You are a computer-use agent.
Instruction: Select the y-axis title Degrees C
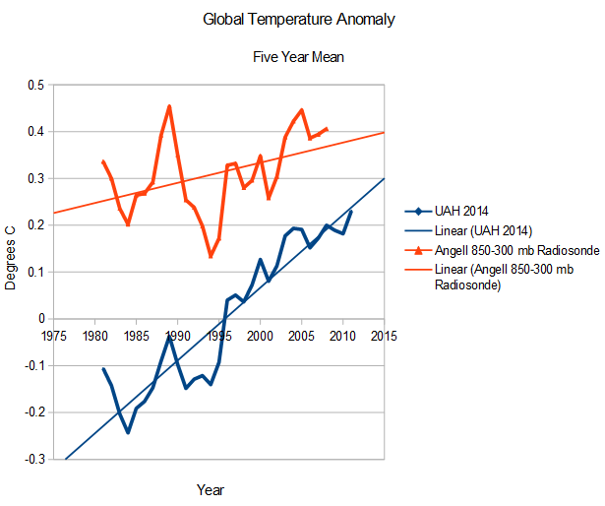(13, 272)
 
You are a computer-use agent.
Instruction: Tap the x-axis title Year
(210, 488)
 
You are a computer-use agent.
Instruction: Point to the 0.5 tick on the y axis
(36, 85)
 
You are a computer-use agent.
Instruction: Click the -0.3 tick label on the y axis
(34, 459)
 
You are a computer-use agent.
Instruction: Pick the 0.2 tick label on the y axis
(36, 225)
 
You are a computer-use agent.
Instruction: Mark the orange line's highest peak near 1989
(169, 105)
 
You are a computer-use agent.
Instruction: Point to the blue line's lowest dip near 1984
(128, 432)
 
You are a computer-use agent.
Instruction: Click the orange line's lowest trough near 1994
(211, 257)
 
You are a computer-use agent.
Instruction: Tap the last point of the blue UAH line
(351, 211)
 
